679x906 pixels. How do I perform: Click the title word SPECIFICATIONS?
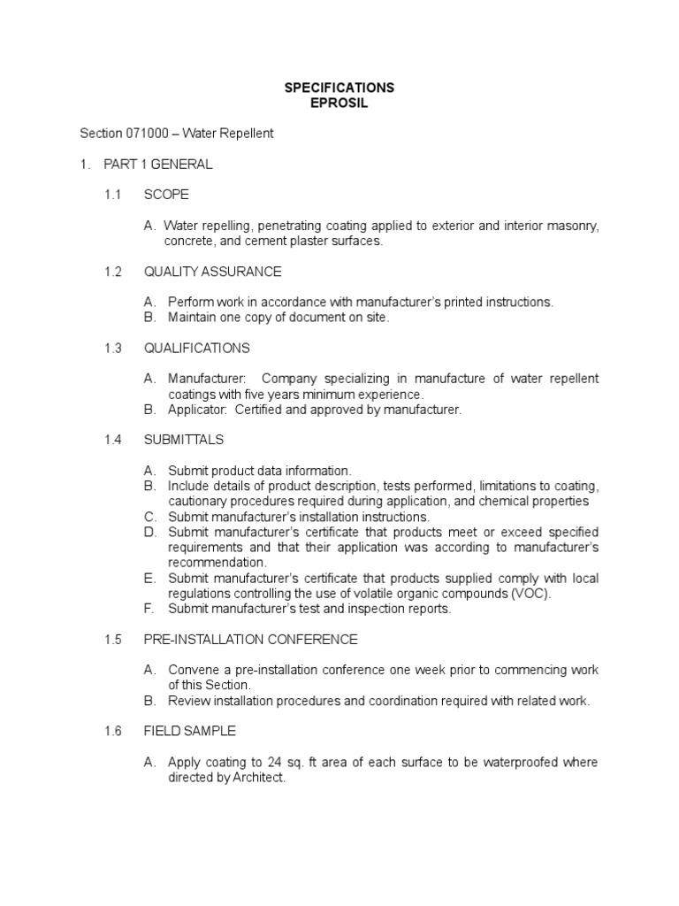339,88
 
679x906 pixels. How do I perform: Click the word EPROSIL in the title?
339,103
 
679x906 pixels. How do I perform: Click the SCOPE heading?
166,195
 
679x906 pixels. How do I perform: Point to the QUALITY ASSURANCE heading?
212,272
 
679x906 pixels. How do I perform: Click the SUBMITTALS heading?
184,440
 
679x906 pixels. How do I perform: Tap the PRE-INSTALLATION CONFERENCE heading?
250,640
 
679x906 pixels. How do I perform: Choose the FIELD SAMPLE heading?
189,732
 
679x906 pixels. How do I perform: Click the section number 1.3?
112,348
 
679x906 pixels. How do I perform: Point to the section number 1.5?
112,640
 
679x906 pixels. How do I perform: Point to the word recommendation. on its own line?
217,563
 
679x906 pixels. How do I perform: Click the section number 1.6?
112,732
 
